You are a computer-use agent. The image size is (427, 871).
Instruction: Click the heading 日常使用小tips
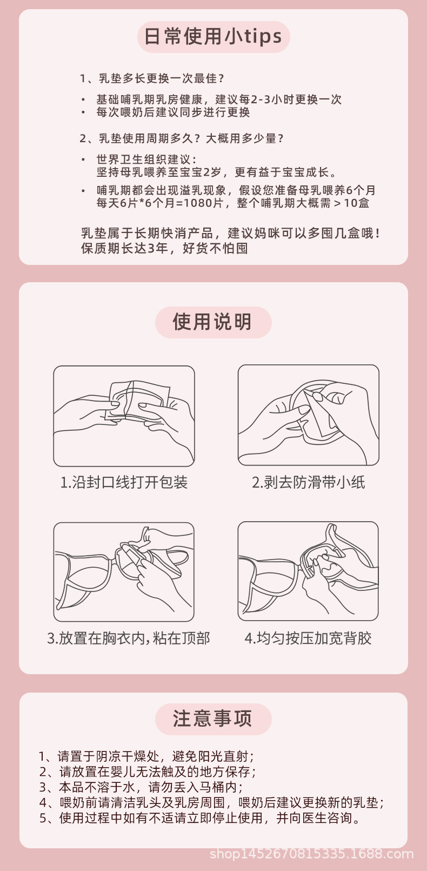pyautogui.click(x=213, y=37)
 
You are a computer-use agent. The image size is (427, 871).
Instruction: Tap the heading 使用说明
pyautogui.click(x=213, y=322)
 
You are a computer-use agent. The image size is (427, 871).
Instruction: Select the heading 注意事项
pyautogui.click(x=213, y=719)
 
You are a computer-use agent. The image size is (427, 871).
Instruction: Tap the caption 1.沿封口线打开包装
pyautogui.click(x=124, y=482)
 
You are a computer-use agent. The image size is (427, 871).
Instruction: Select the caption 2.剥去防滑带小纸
pyautogui.click(x=308, y=482)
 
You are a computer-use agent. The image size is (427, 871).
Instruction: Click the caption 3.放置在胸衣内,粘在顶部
pyautogui.click(x=129, y=638)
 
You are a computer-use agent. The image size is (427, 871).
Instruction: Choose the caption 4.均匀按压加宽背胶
pyautogui.click(x=308, y=638)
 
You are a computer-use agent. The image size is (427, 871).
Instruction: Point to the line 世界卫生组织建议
pyautogui.click(x=146, y=159)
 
